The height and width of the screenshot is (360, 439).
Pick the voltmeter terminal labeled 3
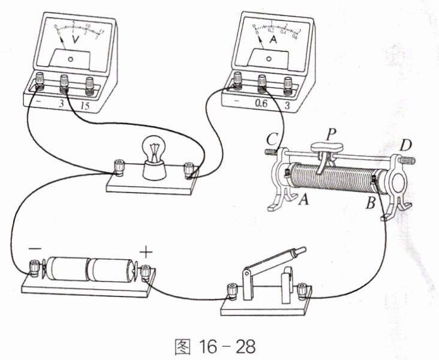pos(64,81)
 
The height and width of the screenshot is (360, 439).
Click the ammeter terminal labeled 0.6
pos(261,81)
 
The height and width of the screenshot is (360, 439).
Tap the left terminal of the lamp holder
pos(119,165)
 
